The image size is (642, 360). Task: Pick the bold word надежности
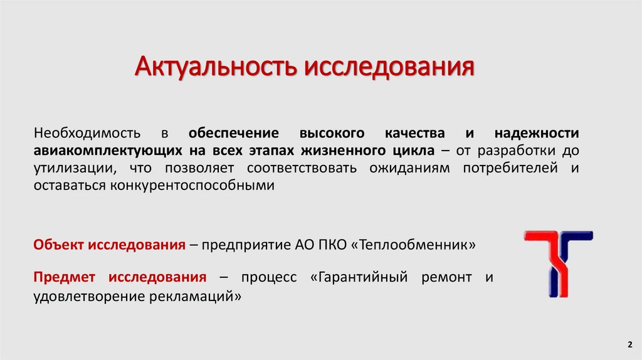(x=537, y=134)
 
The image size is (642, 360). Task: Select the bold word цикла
(x=416, y=151)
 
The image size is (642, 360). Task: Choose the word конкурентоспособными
(x=192, y=186)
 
